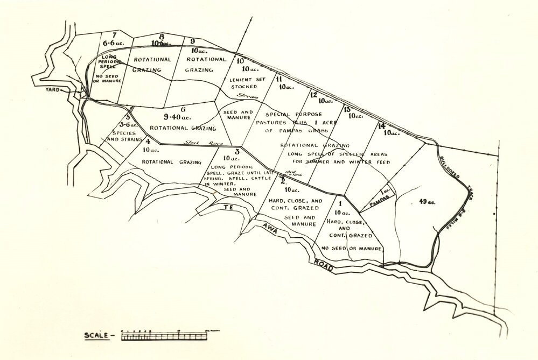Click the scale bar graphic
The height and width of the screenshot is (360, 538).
click(x=164, y=336)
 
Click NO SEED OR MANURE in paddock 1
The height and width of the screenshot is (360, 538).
click(x=352, y=248)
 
